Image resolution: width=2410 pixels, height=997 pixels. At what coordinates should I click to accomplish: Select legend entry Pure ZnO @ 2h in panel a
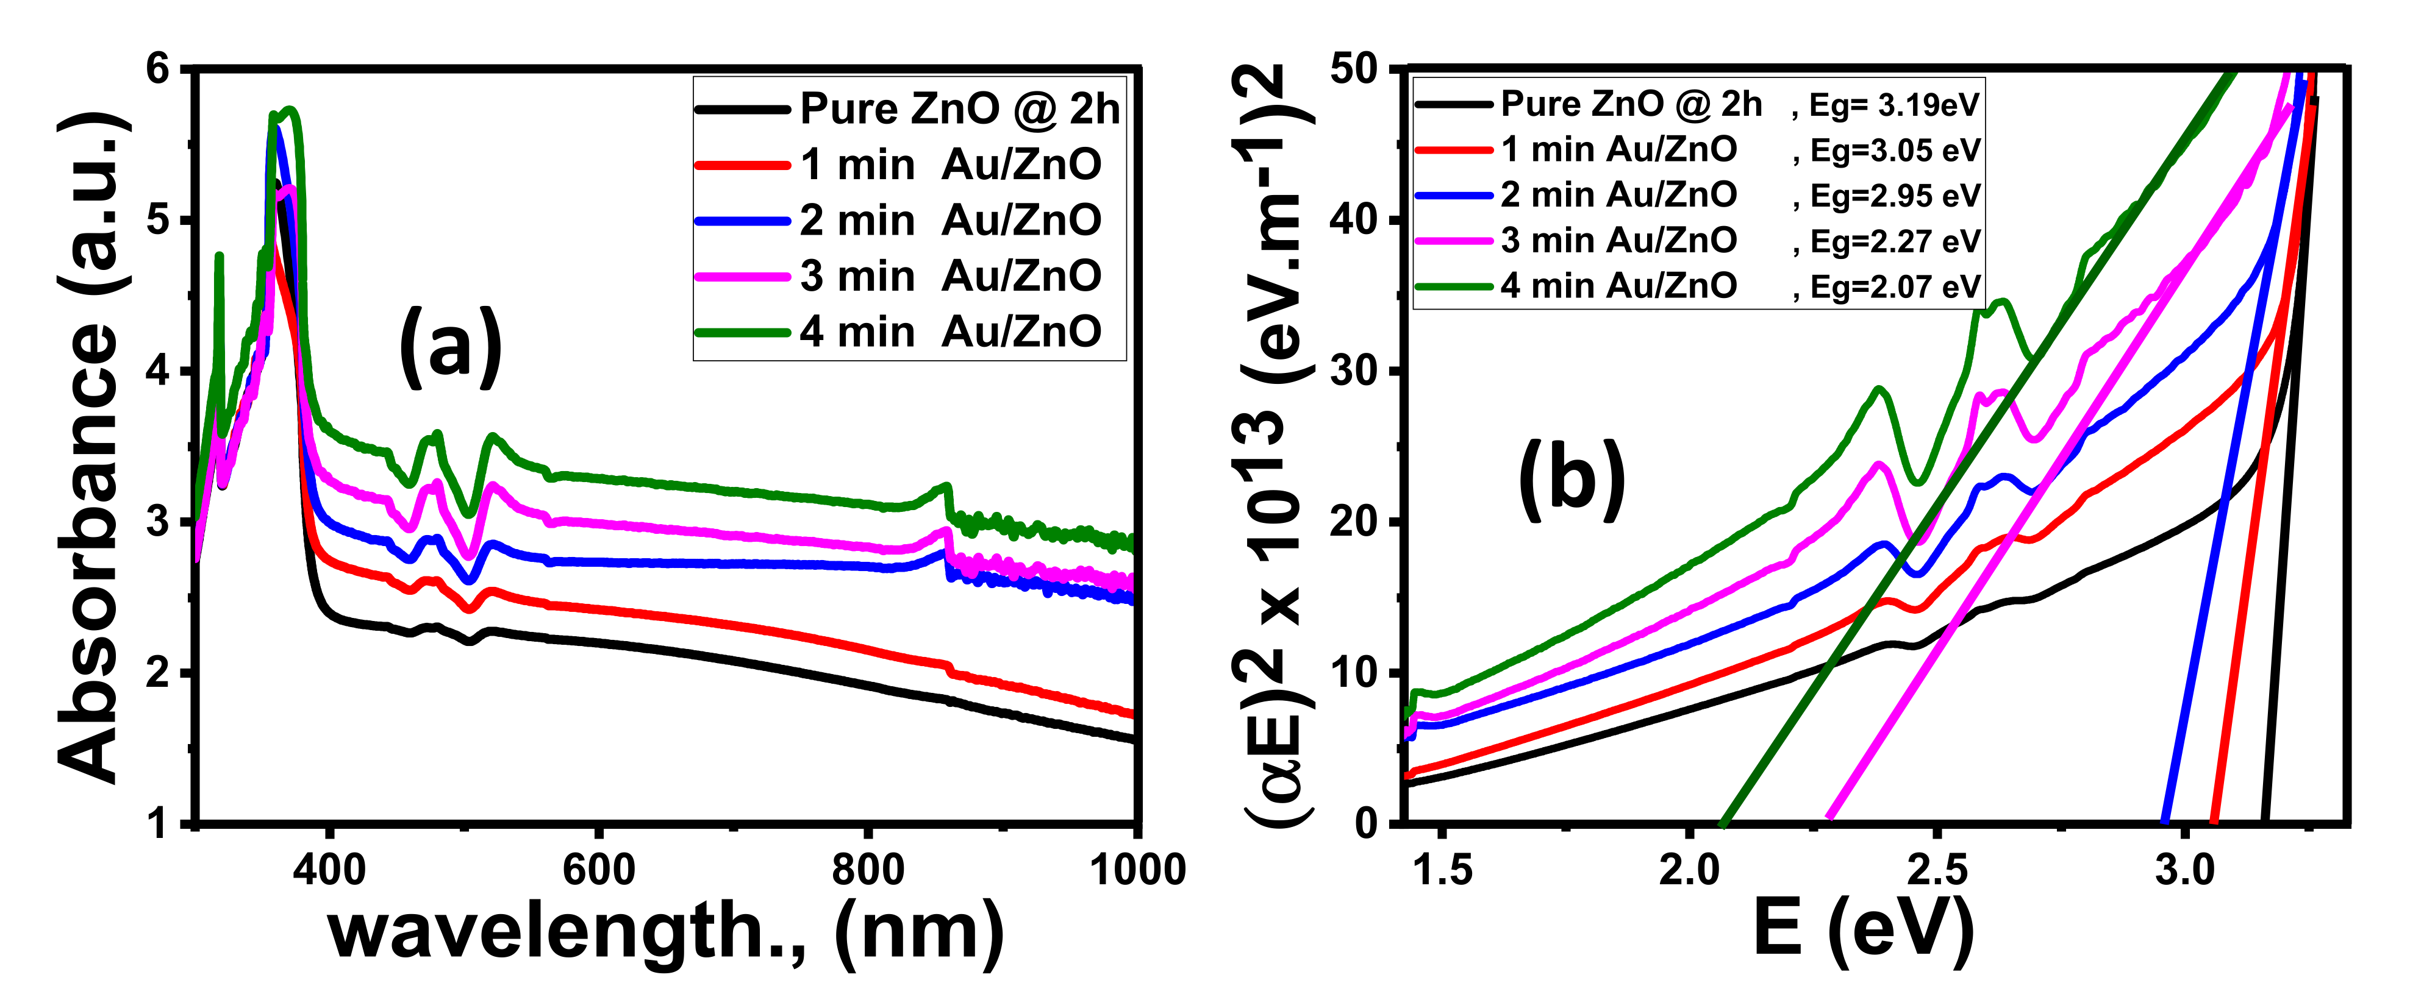pyautogui.click(x=959, y=110)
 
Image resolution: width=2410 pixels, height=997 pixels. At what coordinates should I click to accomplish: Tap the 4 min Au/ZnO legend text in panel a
pyautogui.click(x=949, y=332)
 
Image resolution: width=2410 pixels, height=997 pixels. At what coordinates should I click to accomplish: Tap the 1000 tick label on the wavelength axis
pyautogui.click(x=1137, y=870)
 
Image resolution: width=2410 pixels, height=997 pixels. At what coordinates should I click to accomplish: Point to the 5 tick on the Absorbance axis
pyautogui.click(x=159, y=221)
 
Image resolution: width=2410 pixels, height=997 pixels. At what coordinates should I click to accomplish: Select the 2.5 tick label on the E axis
pyautogui.click(x=1937, y=870)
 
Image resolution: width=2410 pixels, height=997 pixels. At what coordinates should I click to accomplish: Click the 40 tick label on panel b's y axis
pyautogui.click(x=1354, y=221)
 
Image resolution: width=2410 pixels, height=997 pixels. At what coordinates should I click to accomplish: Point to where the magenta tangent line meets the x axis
pyautogui.click(x=1829, y=820)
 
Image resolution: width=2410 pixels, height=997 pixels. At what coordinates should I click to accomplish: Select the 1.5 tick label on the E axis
pyautogui.click(x=1442, y=870)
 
